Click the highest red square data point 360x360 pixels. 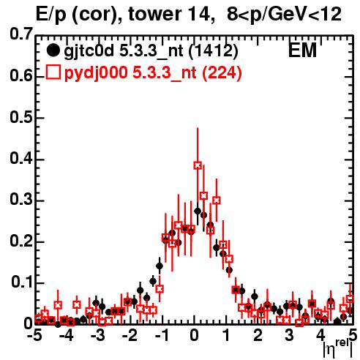tap(198, 165)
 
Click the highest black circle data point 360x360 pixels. tap(198, 211)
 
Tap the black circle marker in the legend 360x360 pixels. tap(53, 50)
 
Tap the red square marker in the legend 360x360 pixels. tap(53, 72)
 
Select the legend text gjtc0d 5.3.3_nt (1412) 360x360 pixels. tap(151, 51)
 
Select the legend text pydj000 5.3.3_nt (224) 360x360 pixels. tap(153, 73)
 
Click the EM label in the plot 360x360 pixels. tap(302, 50)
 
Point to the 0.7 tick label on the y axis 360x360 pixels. tap(21, 34)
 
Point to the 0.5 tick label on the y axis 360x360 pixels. tap(21, 117)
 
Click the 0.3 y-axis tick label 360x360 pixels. tap(21, 199)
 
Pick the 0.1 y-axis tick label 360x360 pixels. tap(22, 282)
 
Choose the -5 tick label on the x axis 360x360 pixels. tap(34, 335)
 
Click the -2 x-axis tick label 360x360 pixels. tap(130, 335)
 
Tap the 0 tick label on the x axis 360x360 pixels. tap(194, 335)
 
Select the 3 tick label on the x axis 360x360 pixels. tap(289, 335)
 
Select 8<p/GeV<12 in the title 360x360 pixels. tap(284, 15)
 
